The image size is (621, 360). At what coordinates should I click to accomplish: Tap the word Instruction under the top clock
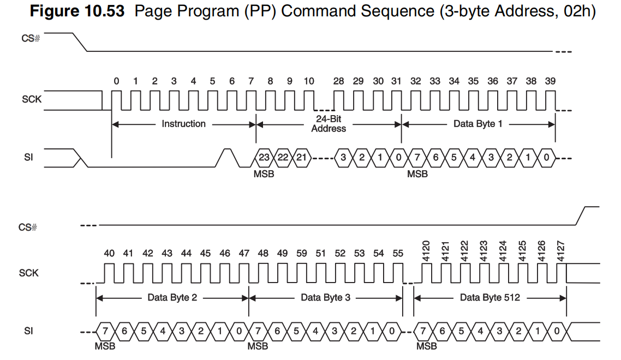[x=183, y=124]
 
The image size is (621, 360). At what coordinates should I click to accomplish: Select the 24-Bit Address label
[x=329, y=124]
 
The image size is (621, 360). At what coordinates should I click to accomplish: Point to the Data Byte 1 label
[x=477, y=124]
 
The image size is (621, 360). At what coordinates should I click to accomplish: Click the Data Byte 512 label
[x=489, y=297]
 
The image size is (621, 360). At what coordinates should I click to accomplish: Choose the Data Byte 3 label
[x=325, y=297]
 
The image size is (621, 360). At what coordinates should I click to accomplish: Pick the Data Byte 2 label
[x=172, y=297]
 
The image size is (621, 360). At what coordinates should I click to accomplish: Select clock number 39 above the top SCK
[x=550, y=81]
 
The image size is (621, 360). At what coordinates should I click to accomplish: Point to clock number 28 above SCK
[x=338, y=81]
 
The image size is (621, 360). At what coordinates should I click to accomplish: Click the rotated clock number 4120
[x=426, y=251]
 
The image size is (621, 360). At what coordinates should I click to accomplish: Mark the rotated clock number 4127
[x=560, y=251]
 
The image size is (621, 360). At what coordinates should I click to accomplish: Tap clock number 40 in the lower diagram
[x=109, y=253]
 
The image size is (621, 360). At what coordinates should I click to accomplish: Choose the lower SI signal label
[x=28, y=331]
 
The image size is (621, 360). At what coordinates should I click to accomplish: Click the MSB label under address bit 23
[x=264, y=174]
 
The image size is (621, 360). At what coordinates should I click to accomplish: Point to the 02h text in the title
[x=578, y=11]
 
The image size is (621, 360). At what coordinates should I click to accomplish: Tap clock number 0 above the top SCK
[x=116, y=81]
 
